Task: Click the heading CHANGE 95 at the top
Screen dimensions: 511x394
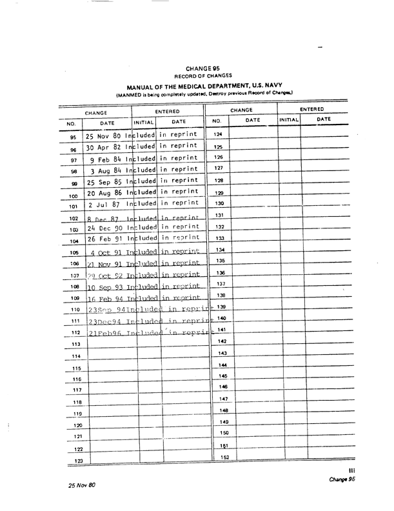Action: (202, 68)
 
